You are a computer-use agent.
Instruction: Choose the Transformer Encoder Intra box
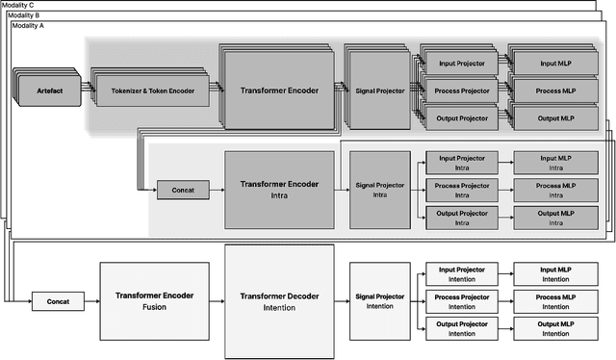279,189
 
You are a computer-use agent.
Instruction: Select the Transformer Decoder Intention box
279,300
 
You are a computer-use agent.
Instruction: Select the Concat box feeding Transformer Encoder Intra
183,190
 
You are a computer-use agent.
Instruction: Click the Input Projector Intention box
461,274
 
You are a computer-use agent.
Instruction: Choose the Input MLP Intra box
555,163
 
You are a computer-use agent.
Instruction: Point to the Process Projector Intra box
461,190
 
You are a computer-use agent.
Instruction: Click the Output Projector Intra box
461,217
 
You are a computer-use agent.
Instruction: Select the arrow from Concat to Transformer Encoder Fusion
91,301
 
